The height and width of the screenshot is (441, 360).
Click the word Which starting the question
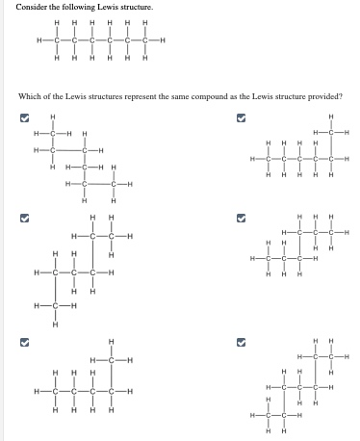coord(21,95)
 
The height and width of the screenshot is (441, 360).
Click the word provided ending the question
coord(326,95)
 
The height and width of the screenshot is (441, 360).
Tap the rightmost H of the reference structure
coord(165,39)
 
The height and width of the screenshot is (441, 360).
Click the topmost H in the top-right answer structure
coord(329,117)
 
